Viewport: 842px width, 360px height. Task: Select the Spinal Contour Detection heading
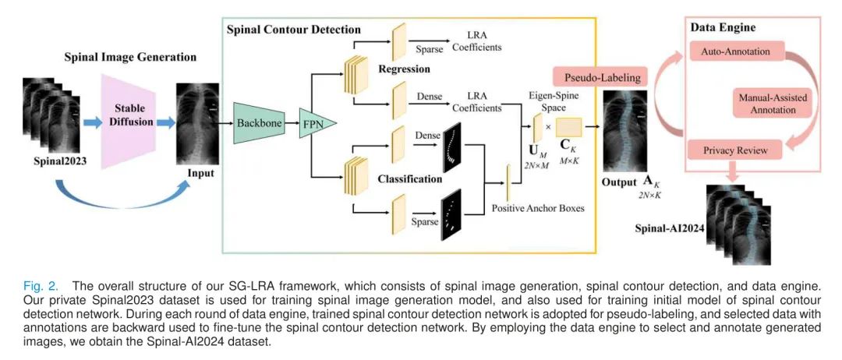[x=293, y=30]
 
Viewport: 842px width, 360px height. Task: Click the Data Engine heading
[x=723, y=28]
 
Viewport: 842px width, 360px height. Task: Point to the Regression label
[x=404, y=69]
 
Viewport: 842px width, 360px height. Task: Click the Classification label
[x=409, y=178]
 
